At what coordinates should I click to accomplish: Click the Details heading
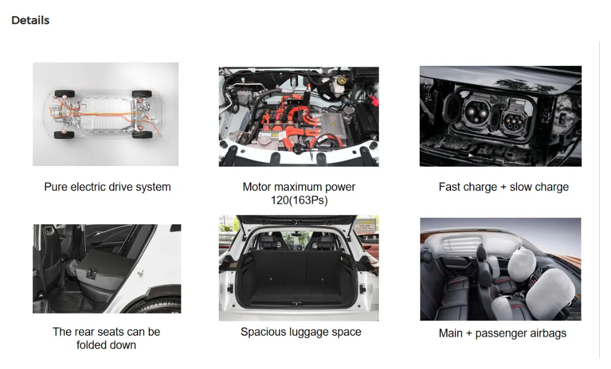30,20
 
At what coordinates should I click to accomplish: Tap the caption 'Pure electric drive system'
107,187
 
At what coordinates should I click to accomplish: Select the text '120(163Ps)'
299,200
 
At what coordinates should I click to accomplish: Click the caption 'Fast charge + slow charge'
504,187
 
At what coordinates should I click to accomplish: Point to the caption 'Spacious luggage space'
301,332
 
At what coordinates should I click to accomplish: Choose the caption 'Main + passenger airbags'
502,333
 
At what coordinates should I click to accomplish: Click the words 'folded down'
106,345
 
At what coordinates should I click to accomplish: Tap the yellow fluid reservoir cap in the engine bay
341,81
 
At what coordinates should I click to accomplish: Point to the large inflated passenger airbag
550,288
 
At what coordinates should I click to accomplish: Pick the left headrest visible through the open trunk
269,242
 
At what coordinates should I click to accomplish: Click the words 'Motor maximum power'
299,187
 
